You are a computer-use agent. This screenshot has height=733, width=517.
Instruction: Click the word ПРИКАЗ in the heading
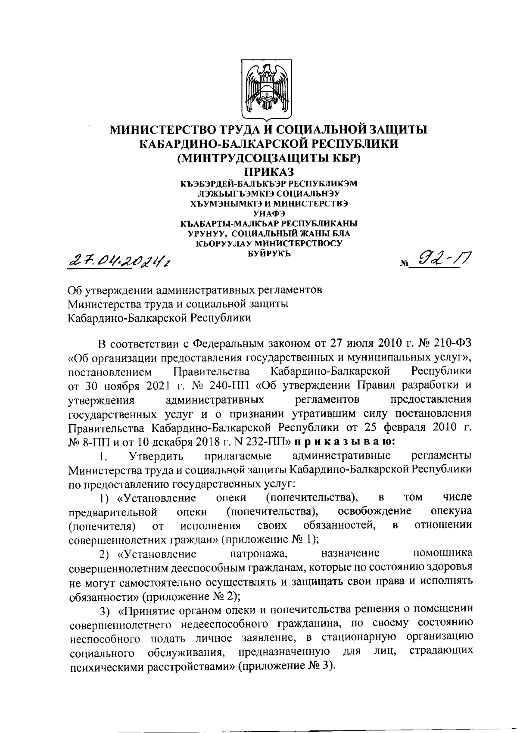(269, 173)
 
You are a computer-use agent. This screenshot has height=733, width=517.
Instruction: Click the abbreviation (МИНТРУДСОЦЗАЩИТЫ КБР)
(269, 158)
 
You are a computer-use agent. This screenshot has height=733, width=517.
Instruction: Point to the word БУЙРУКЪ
(269, 254)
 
